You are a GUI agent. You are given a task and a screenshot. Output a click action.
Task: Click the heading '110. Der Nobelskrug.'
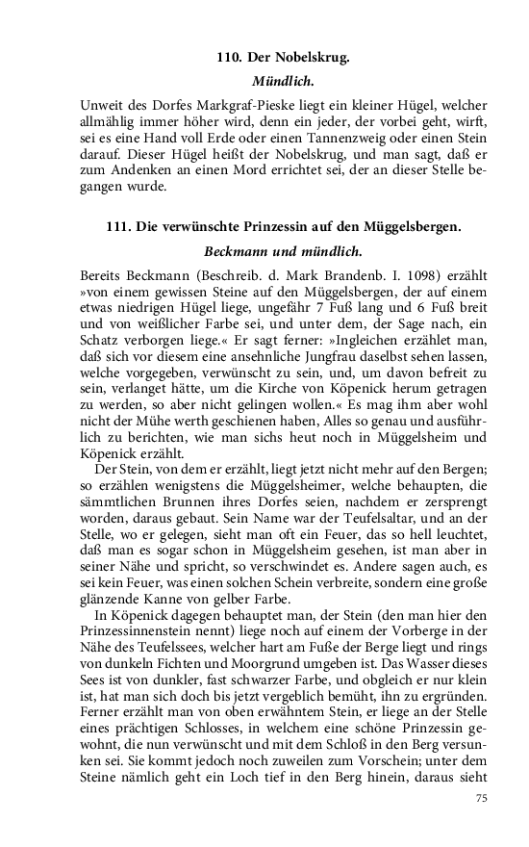point(283,59)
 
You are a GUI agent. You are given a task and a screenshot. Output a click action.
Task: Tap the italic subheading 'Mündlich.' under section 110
point(283,82)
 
